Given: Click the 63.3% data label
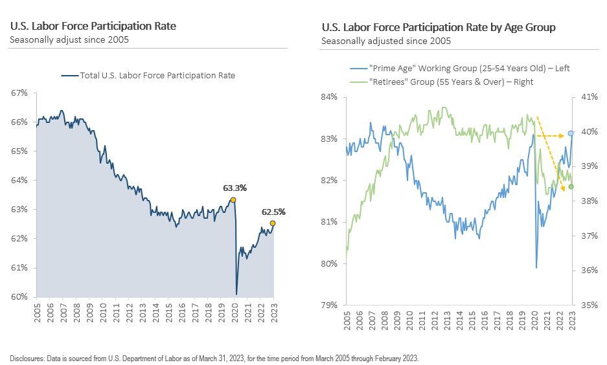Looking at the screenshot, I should pos(235,188).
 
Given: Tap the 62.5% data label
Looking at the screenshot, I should pos(273,212).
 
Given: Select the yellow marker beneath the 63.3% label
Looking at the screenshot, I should pos(233,199).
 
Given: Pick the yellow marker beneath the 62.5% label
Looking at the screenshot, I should pos(273,223).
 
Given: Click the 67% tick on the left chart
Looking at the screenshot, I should pos(19,93).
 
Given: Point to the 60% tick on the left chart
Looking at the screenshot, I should pos(19,297).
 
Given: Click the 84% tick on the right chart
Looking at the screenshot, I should pos(330,97).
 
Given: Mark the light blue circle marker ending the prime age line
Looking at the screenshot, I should pos(571,133).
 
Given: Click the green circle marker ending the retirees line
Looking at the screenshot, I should pos(571,187).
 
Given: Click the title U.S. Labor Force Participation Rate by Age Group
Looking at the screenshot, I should pos(438,28).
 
